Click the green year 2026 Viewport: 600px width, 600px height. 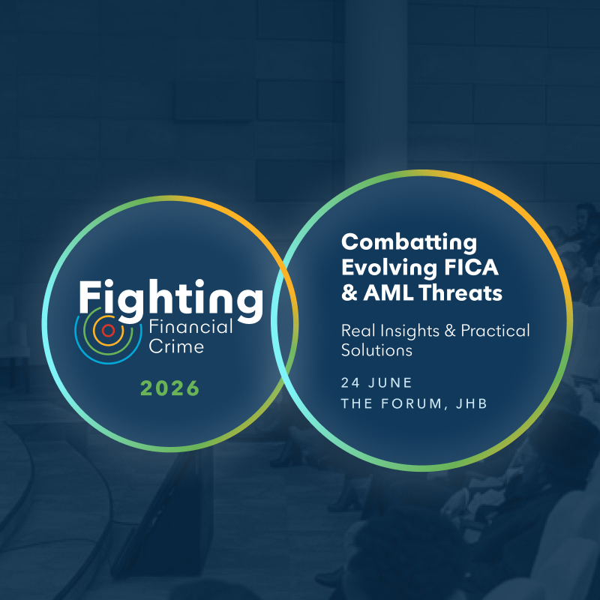[170, 388]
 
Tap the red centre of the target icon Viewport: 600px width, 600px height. [108, 330]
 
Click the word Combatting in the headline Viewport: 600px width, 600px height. [409, 242]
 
